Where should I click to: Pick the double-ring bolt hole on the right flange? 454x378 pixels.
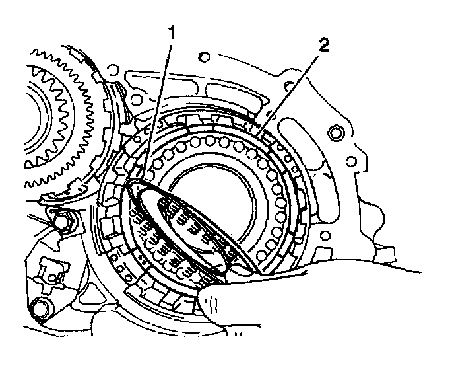pos(336,135)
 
